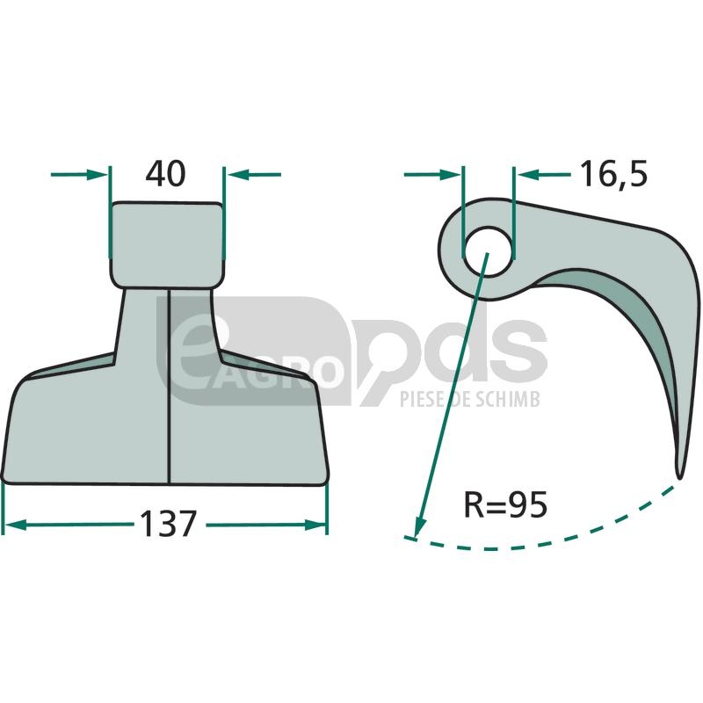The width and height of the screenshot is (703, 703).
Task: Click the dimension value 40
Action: point(165,174)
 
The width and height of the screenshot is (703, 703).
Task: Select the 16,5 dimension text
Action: point(614,174)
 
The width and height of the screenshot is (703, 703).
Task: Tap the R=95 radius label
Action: point(505,504)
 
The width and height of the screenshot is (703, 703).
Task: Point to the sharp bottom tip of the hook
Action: point(679,476)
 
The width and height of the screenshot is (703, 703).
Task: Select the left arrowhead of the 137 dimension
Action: point(14,525)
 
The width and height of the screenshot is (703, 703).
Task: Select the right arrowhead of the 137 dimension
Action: point(315,525)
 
